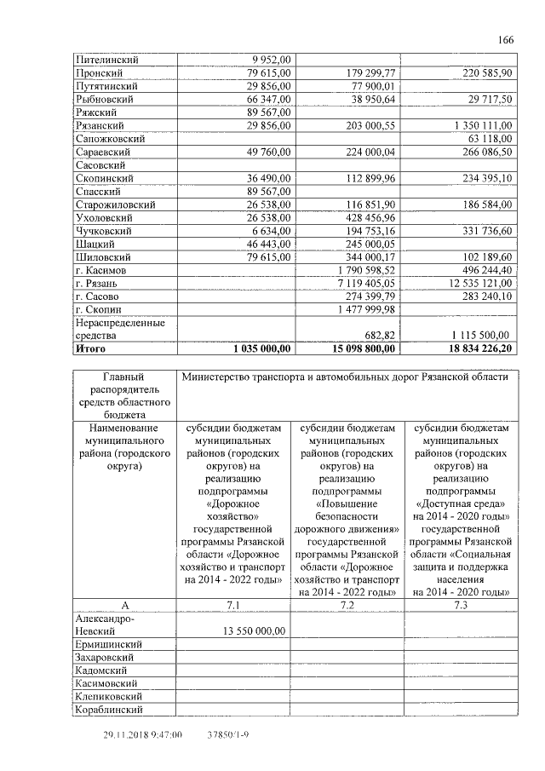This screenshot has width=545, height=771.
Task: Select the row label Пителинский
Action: (107, 60)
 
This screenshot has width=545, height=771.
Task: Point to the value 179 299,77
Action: (372, 73)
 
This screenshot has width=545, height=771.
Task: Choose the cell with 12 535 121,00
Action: (475, 283)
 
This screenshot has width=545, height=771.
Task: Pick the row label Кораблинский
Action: (110, 709)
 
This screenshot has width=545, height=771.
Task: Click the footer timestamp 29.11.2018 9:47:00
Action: (142, 734)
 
